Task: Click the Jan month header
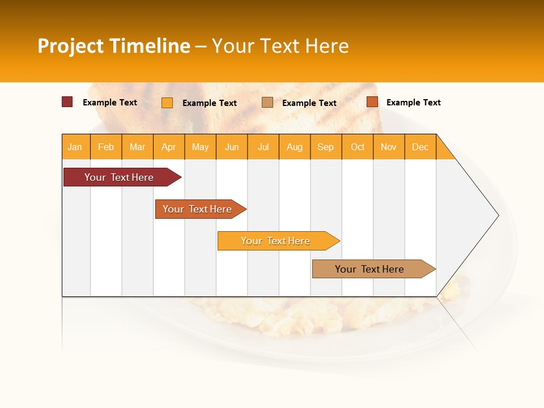point(75,147)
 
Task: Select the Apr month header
point(169,147)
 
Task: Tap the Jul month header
point(263,147)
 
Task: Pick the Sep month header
point(325,147)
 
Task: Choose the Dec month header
point(420,147)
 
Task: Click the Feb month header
point(106,147)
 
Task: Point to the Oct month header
point(357,147)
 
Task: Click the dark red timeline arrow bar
point(119,177)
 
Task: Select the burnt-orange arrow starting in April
point(197,209)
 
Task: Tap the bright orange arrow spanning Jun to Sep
point(275,241)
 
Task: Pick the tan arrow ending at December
point(369,269)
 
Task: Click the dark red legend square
point(67,102)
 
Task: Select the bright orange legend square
point(167,103)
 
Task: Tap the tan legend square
point(267,103)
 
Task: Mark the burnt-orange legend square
point(372,102)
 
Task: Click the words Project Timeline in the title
point(113,46)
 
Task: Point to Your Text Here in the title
point(280,46)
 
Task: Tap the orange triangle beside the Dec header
point(444,151)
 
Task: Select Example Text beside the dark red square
point(110,103)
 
